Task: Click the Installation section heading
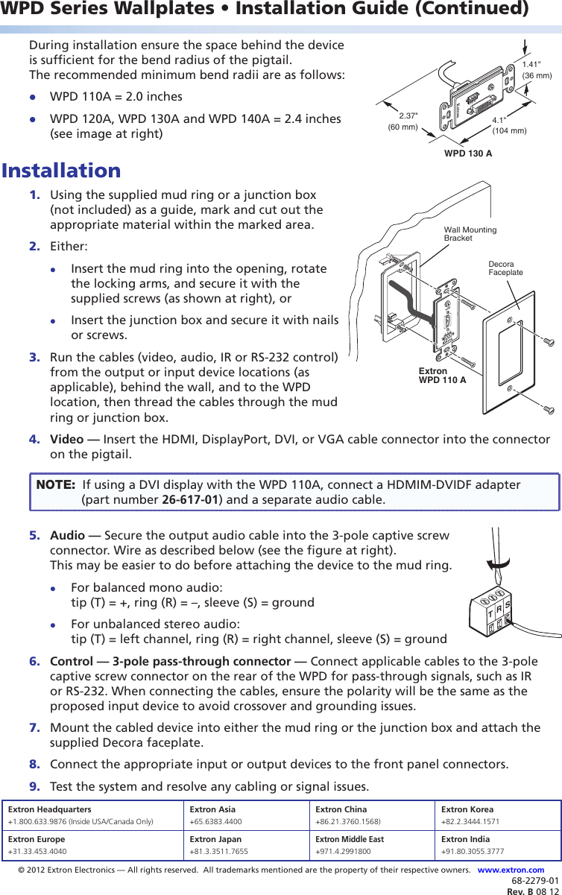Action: coord(61,171)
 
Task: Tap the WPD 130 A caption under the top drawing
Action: coord(468,154)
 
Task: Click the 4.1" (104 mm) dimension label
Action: coord(509,125)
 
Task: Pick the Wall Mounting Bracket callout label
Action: coord(470,234)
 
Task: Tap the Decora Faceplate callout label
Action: coord(505,268)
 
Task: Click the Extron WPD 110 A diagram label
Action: coord(442,376)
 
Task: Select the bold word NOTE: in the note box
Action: coord(56,484)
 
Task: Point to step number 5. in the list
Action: coord(35,536)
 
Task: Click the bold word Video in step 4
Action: coord(66,439)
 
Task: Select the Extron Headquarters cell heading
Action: coord(49,809)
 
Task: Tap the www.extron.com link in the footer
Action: coord(511,870)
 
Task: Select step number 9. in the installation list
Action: coord(35,786)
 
